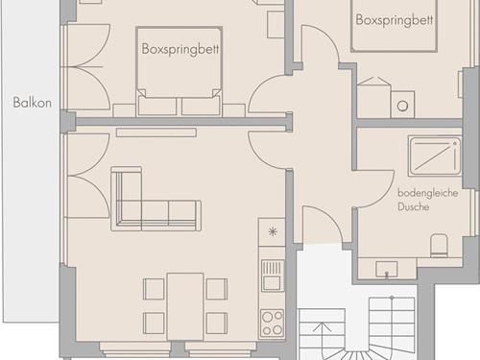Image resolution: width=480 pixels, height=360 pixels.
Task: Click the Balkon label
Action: (32, 103)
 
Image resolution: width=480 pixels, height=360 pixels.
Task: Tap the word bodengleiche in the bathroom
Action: (427, 193)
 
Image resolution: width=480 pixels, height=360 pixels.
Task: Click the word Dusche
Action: (414, 207)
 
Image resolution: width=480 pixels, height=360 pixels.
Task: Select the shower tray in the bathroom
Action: (435, 156)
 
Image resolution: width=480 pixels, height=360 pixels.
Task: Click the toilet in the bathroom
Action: (439, 246)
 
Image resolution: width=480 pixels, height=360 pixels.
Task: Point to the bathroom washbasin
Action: (387, 269)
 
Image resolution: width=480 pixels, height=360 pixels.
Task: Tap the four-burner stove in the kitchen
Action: (272, 323)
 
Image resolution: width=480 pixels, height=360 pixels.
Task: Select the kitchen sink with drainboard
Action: (273, 276)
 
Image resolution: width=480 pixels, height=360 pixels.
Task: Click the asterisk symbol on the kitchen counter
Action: (273, 231)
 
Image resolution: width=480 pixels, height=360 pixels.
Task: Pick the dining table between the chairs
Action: (185, 306)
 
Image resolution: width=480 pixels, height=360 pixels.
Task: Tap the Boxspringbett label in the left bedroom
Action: (180, 49)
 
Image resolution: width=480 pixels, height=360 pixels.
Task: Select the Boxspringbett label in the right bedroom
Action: (395, 20)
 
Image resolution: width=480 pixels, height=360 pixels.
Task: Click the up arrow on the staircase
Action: (322, 336)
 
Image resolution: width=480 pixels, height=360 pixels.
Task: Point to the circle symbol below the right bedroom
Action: (402, 106)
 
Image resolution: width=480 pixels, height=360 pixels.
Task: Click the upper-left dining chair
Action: (154, 289)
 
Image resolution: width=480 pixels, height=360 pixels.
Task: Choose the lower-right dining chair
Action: (217, 324)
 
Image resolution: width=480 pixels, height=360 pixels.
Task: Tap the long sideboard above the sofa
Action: (156, 132)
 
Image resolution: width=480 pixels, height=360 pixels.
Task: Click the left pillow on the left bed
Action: (157, 107)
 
